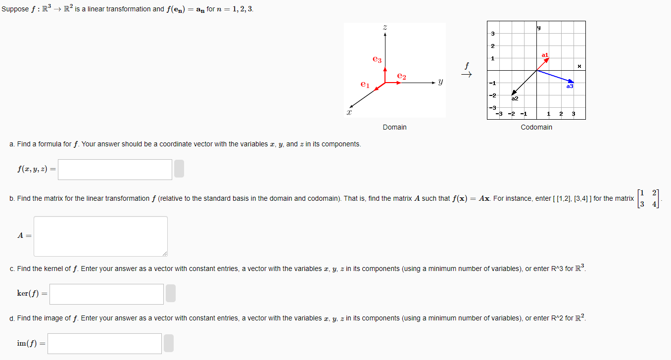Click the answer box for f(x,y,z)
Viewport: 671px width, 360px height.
click(115, 170)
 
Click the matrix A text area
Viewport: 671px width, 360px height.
click(100, 236)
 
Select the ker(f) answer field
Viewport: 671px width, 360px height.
click(106, 294)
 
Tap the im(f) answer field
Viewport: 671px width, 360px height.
click(104, 344)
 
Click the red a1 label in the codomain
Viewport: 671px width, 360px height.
click(545, 55)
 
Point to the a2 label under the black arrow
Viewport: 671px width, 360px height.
click(515, 98)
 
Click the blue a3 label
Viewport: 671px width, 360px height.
click(570, 86)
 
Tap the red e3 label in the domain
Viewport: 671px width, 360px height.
click(377, 59)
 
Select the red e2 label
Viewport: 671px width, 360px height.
click(401, 77)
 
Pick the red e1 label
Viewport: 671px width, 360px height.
click(365, 85)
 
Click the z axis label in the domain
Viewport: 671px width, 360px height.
click(384, 28)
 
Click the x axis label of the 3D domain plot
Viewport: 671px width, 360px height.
click(349, 113)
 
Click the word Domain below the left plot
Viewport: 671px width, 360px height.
click(394, 128)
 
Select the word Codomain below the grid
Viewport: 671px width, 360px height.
click(536, 128)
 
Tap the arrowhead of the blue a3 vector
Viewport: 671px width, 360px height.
click(572, 82)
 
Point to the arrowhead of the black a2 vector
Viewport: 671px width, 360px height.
click(514, 92)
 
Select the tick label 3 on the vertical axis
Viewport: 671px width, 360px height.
click(492, 34)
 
